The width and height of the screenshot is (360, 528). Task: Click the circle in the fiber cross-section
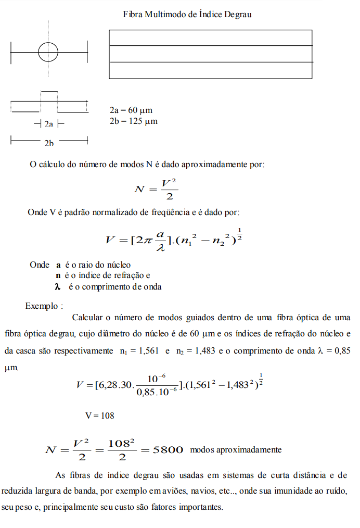[x=48, y=51]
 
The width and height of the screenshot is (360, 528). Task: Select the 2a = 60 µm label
[x=131, y=111]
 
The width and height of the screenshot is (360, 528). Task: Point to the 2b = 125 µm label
[x=133, y=122]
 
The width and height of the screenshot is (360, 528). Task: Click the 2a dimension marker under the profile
[x=48, y=124]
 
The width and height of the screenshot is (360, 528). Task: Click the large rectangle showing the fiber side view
[x=211, y=54]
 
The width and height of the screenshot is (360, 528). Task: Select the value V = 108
[x=99, y=416]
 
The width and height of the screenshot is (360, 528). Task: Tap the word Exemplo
[x=43, y=306]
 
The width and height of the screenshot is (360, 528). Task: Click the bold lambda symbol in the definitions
[x=58, y=287]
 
